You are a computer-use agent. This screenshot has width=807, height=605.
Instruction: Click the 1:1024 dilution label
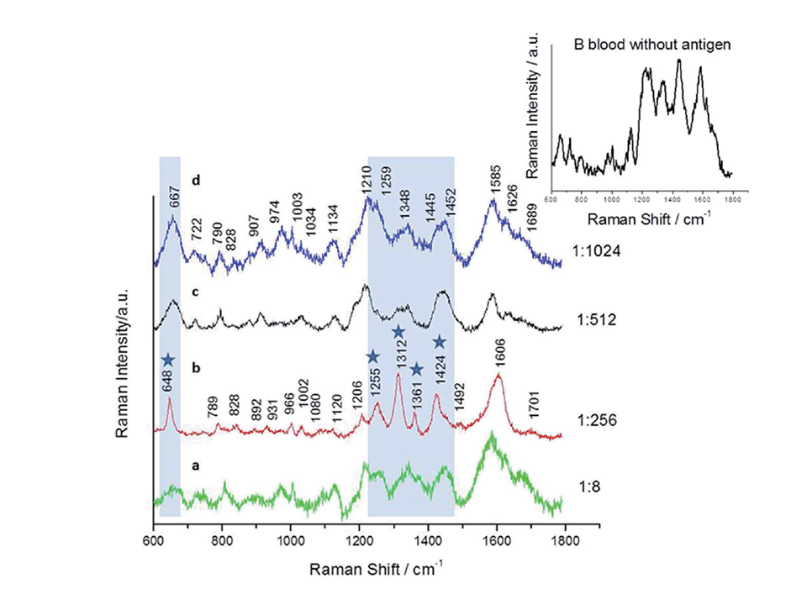point(599,251)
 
